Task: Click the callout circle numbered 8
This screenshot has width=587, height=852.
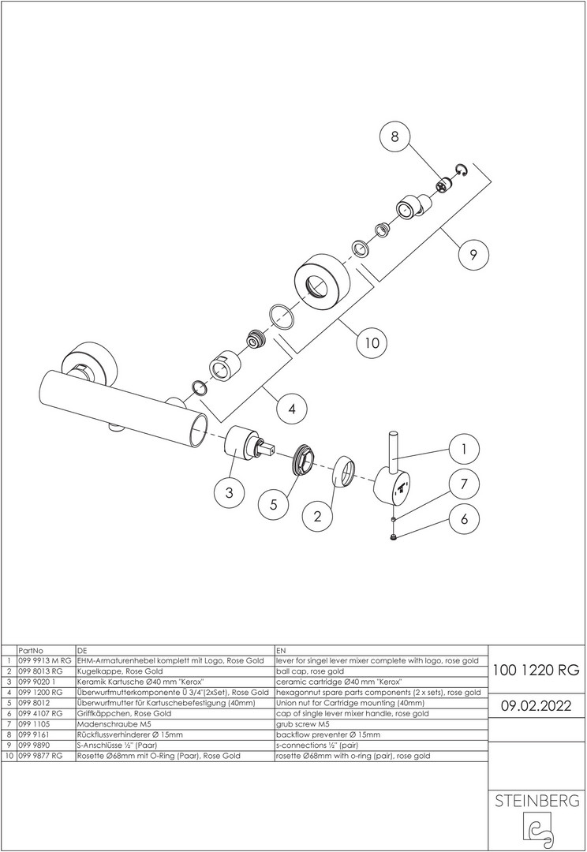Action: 394,136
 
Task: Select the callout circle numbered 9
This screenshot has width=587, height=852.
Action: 473,254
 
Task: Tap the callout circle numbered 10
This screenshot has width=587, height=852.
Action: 372,343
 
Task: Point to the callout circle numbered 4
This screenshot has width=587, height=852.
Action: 292,408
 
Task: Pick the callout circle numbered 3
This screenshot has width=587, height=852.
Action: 230,493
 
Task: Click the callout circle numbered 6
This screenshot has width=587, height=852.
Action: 464,518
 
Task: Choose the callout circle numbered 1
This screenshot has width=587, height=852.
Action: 464,450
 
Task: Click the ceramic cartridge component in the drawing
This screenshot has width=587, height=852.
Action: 247,443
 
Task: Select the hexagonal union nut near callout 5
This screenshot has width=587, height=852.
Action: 301,459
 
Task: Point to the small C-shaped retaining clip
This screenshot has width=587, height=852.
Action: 462,170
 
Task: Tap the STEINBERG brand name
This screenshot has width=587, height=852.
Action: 537,801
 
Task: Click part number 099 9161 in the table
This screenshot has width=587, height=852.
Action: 34,734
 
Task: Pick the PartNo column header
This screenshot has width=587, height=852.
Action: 31,650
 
